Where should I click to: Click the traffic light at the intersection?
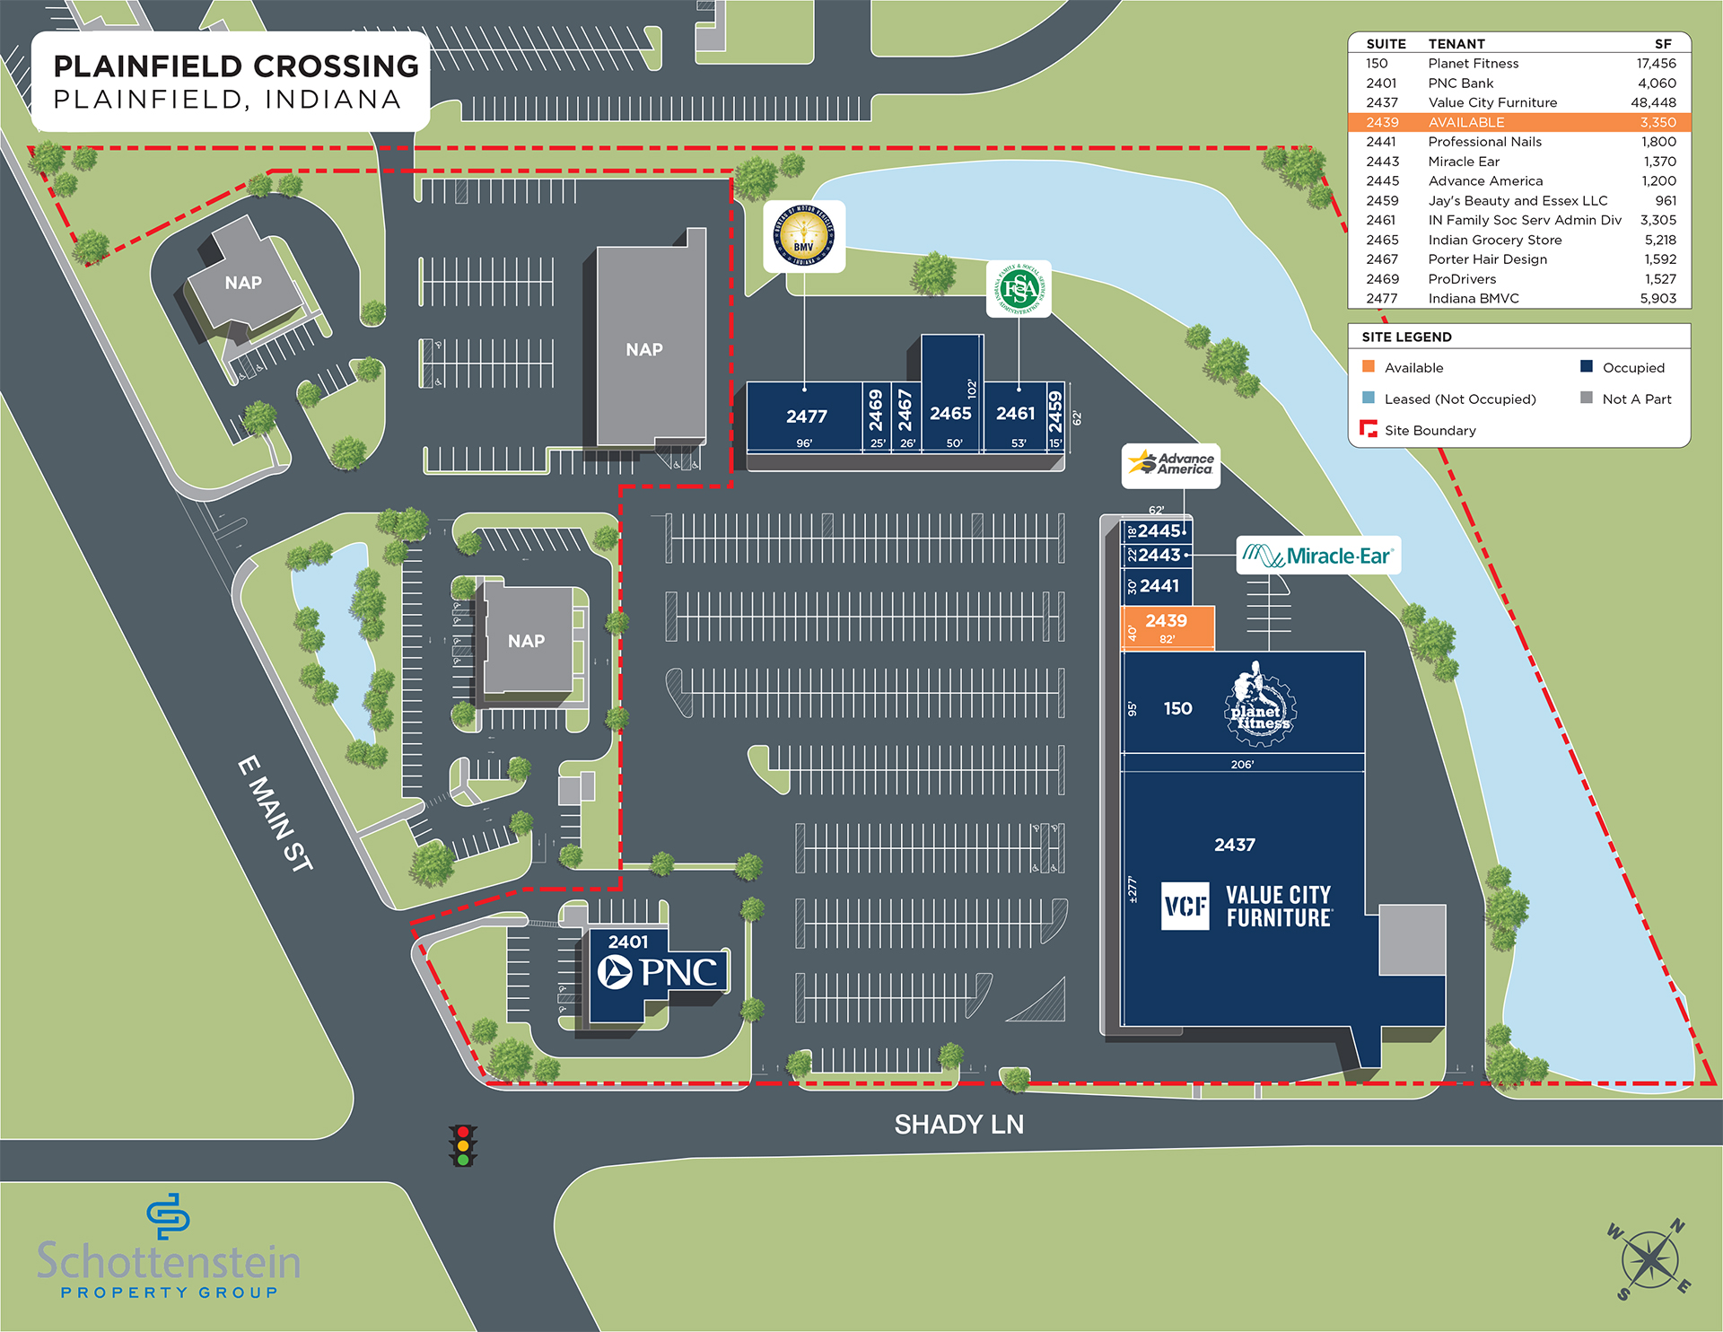pos(463,1145)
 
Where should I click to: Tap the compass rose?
pos(1649,1259)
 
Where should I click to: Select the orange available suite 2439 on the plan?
pos(1167,627)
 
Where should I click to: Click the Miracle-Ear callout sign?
pos(1318,556)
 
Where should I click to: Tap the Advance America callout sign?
pos(1171,465)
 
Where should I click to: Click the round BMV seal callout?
pos(804,236)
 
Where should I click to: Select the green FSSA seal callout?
pos(1019,289)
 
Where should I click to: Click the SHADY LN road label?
pos(958,1125)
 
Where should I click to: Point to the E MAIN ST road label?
pos(276,813)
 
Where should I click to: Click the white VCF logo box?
pos(1185,907)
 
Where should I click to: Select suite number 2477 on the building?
pos(806,416)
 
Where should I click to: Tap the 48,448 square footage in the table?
pos(1653,102)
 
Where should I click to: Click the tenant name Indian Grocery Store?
pos(1494,240)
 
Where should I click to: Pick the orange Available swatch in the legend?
pos(1369,367)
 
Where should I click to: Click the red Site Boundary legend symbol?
pos(1369,429)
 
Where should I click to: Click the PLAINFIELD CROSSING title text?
pos(236,66)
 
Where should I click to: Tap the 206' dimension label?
pos(1242,765)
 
